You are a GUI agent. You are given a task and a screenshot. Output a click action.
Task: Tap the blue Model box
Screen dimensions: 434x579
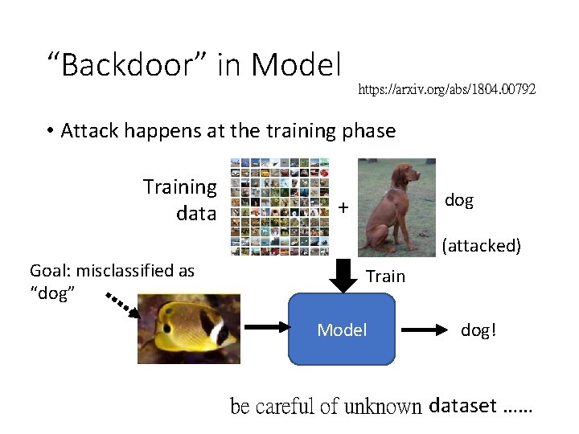tap(342, 330)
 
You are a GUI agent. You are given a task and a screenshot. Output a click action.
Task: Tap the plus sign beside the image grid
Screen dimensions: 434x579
tap(343, 208)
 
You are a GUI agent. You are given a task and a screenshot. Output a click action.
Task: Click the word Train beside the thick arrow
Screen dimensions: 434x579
tap(385, 276)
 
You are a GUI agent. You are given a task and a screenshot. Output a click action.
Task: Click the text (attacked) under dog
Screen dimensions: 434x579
tap(481, 245)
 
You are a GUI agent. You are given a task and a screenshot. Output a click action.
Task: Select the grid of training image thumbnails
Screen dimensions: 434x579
tap(279, 207)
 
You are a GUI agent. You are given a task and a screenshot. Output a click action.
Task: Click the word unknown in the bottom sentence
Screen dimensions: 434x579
tap(383, 407)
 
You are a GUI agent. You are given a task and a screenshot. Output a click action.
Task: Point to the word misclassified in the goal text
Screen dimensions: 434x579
tap(128, 271)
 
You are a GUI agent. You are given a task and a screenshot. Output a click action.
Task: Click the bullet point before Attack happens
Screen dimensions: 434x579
tap(50, 131)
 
